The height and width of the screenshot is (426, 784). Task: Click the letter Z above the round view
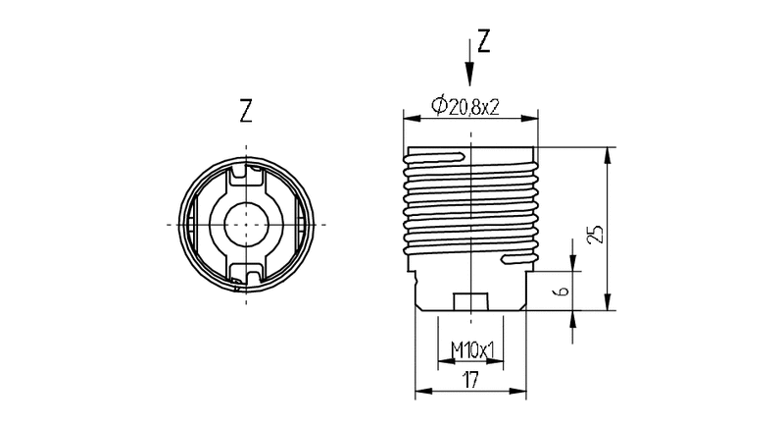click(x=245, y=110)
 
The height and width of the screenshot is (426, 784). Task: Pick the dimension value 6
click(x=560, y=292)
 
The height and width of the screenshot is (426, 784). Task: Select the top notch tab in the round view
click(x=245, y=176)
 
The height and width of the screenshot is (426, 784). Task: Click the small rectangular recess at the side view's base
click(x=470, y=300)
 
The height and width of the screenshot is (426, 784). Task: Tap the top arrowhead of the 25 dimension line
click(x=610, y=154)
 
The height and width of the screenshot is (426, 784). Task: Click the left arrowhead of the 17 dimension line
click(x=421, y=392)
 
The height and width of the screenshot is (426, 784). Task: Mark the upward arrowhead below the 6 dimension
click(x=574, y=316)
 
